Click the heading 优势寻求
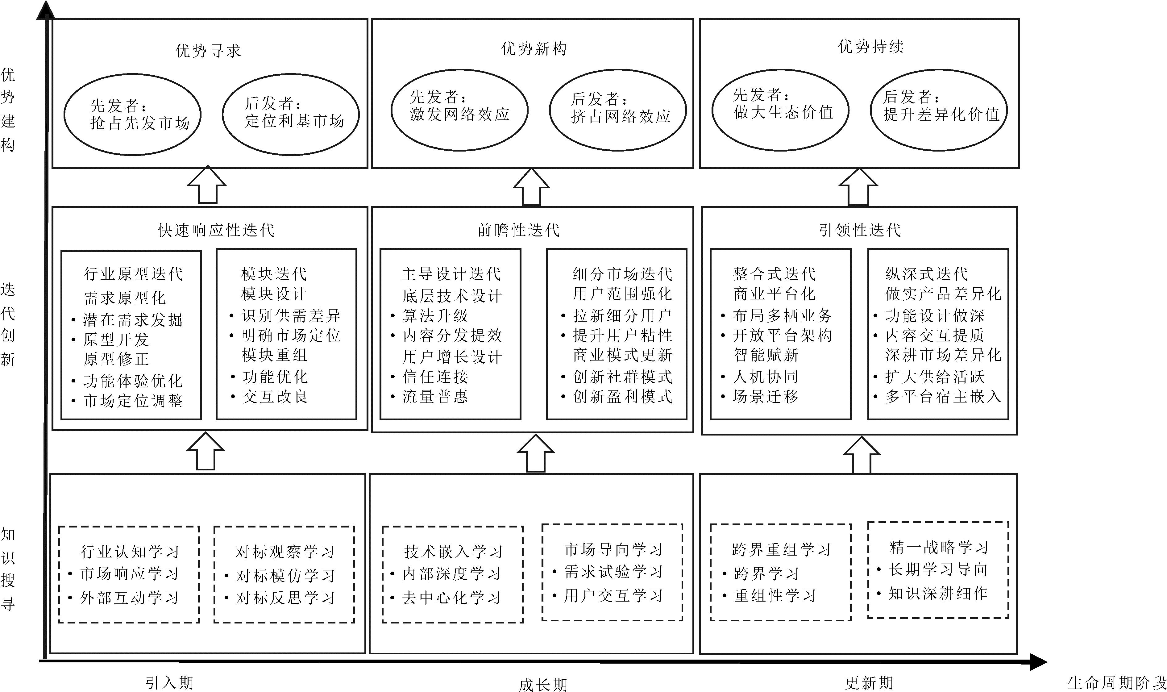(208, 50)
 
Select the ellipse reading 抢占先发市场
(132, 114)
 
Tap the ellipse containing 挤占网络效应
(617, 110)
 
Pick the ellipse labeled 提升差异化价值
(939, 110)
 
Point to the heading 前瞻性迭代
(518, 230)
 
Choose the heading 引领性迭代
(860, 230)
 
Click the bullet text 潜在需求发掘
(132, 320)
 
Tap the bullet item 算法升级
(435, 316)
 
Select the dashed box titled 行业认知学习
(129, 574)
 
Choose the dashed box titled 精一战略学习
(938, 570)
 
